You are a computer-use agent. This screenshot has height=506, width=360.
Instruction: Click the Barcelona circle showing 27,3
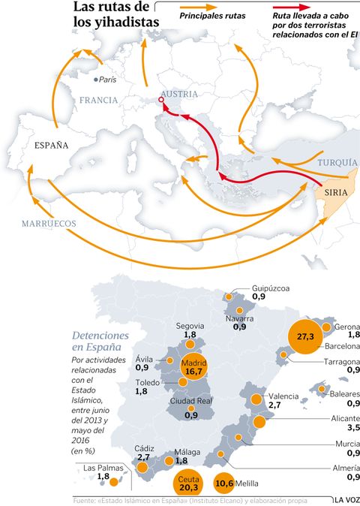(305, 337)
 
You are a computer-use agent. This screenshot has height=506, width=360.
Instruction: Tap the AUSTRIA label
(178, 94)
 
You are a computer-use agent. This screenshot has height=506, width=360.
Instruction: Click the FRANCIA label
(99, 100)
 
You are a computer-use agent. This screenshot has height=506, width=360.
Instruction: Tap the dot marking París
(95, 79)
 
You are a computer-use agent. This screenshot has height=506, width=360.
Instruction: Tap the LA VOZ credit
(346, 500)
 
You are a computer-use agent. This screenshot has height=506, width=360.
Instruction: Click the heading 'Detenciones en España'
(100, 341)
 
